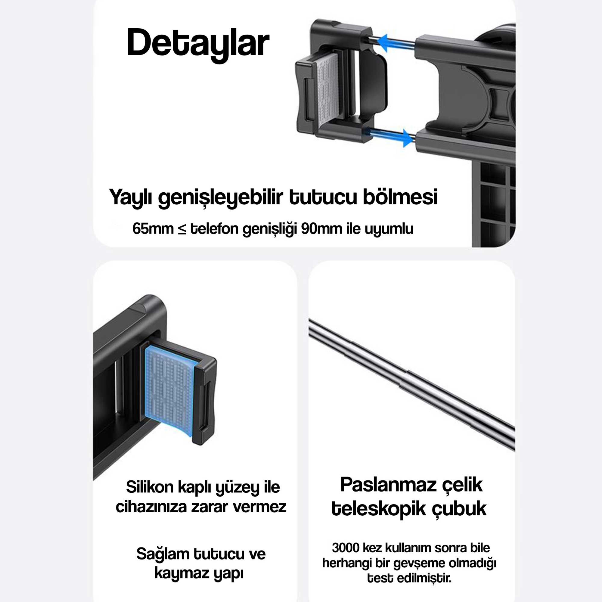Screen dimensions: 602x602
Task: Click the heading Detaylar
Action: click(198, 44)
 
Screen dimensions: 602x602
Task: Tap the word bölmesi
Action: click(400, 197)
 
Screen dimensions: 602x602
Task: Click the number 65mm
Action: click(153, 229)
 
